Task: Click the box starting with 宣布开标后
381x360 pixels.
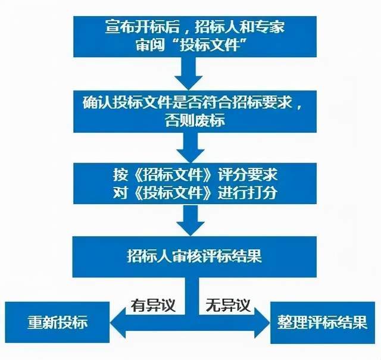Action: (x=195, y=37)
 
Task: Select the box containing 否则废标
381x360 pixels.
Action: (x=195, y=111)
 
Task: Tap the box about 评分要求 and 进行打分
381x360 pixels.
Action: (x=195, y=183)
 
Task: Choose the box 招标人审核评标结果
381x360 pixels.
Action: (x=195, y=257)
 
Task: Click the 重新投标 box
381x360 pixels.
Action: (x=57, y=322)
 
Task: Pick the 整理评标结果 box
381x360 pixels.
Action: (x=323, y=323)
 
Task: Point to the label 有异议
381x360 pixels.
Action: (x=153, y=305)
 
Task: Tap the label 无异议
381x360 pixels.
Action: (x=227, y=305)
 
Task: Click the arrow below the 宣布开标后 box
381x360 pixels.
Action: (x=189, y=74)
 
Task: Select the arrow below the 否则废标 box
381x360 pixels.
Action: (x=190, y=148)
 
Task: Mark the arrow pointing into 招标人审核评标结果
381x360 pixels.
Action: (x=190, y=220)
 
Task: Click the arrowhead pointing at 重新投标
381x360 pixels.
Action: (x=118, y=323)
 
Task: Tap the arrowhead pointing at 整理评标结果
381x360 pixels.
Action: (x=262, y=323)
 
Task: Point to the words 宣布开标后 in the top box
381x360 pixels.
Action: (x=142, y=26)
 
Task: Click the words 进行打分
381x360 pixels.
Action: (x=248, y=192)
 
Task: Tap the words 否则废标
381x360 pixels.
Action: (x=195, y=120)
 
